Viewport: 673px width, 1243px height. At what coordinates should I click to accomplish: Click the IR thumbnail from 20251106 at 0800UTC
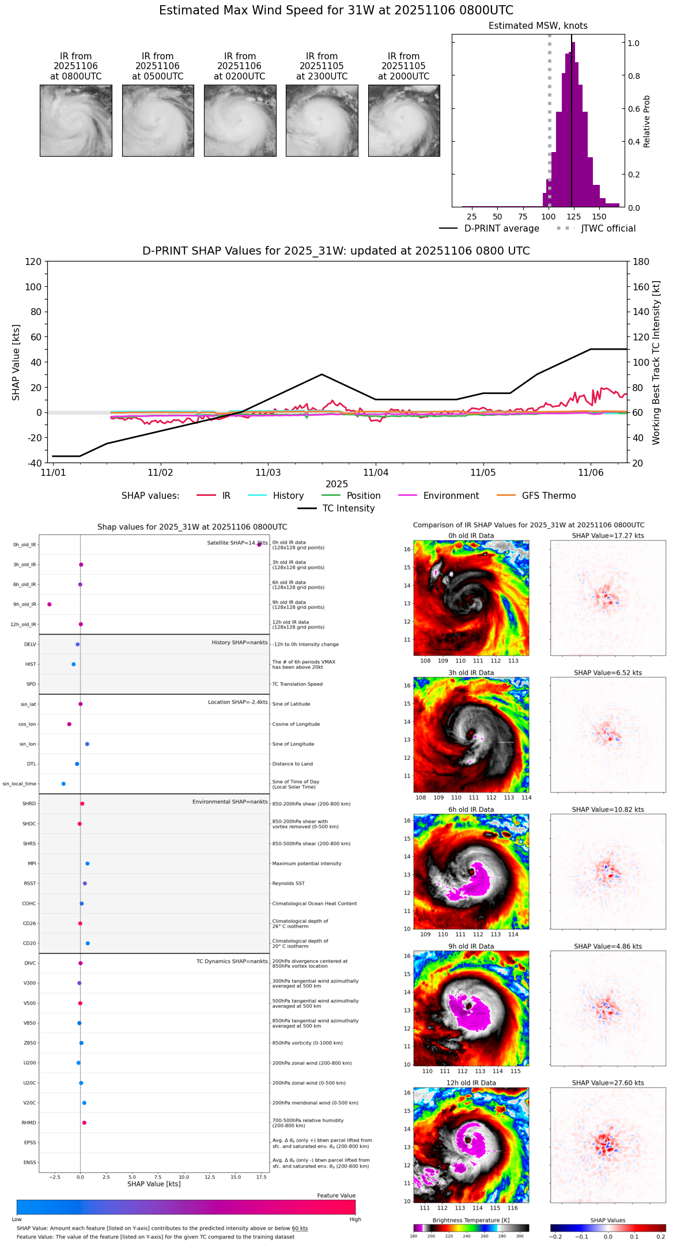[x=75, y=120]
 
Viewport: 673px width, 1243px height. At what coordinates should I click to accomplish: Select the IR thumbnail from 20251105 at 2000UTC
[x=404, y=120]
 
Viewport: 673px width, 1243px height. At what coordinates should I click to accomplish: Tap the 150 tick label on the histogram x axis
[x=599, y=217]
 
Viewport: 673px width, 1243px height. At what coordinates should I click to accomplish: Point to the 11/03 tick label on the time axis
[x=268, y=473]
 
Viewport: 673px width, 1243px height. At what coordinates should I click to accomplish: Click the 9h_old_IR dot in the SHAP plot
[x=50, y=604]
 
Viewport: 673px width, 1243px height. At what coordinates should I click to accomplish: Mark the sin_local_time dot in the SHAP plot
[x=63, y=784]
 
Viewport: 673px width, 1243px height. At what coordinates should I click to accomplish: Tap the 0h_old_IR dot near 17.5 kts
[x=259, y=544]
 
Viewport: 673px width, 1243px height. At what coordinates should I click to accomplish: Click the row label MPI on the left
[x=32, y=863]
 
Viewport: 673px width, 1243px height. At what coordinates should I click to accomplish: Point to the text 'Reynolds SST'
[x=289, y=884]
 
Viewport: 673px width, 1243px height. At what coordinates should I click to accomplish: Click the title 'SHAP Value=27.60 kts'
[x=608, y=1083]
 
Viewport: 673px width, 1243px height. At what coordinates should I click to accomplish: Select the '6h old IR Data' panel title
[x=471, y=809]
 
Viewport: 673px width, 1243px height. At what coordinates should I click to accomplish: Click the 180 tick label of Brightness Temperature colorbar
[x=414, y=1236]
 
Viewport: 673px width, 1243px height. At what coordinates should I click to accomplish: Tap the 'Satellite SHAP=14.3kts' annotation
[x=237, y=543]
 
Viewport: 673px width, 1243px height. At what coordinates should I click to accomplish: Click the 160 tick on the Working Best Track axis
[x=641, y=287]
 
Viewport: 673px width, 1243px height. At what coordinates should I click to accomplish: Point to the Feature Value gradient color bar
[x=186, y=1207]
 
